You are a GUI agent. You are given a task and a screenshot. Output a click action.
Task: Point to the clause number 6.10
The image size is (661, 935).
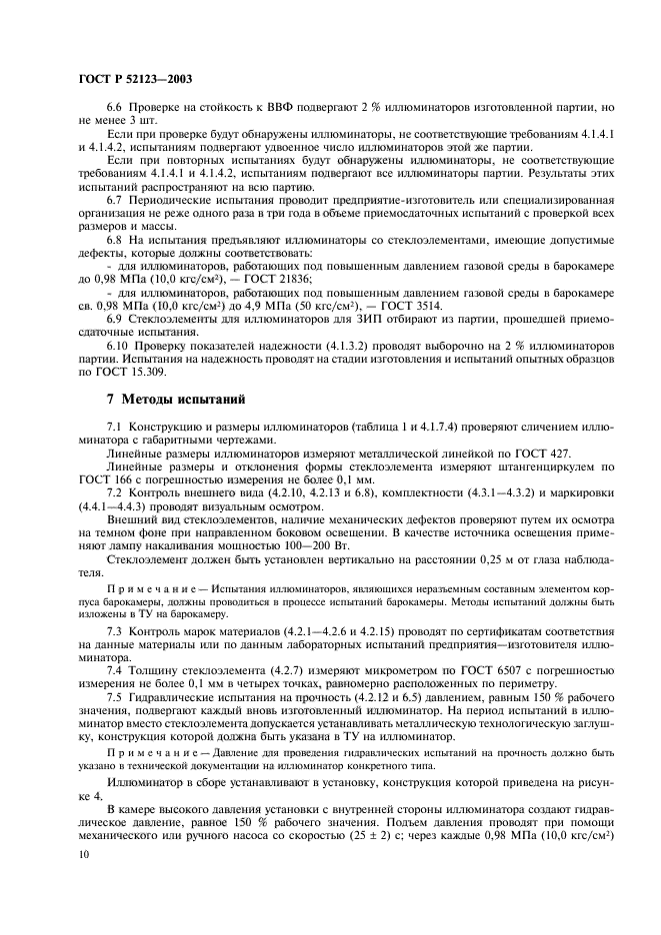[120, 373]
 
